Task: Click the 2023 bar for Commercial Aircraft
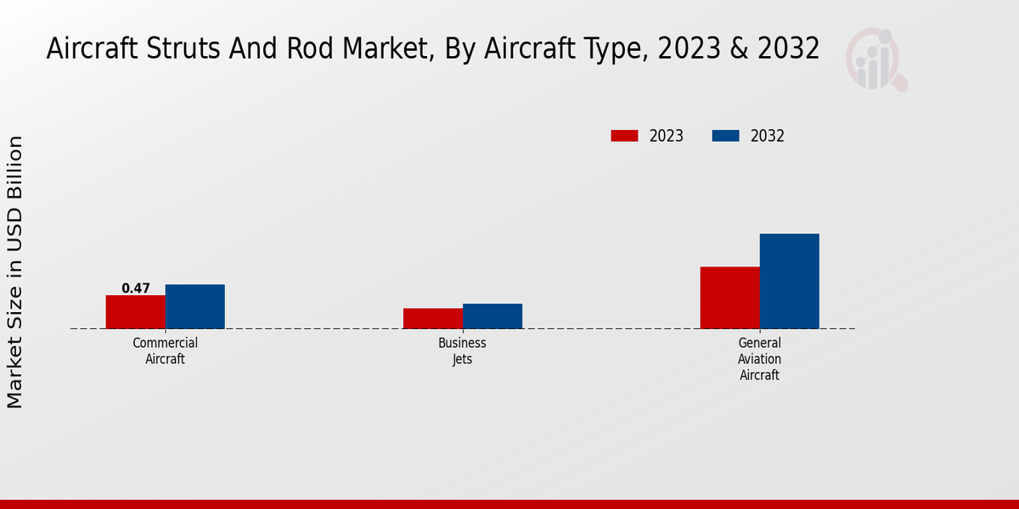135,311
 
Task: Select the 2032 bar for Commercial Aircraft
194,306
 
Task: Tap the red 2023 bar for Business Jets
433,318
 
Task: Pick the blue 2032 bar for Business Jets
493,316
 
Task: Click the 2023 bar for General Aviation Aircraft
729,297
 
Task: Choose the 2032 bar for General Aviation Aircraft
789,281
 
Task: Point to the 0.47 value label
136,288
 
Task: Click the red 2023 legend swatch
624,136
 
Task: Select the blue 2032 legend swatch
725,136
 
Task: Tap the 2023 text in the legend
667,136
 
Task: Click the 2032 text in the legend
768,136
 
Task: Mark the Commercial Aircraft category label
166,350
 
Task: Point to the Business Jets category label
462,350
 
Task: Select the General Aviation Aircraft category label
759,358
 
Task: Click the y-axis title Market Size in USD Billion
15,271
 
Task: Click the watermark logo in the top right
876,59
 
